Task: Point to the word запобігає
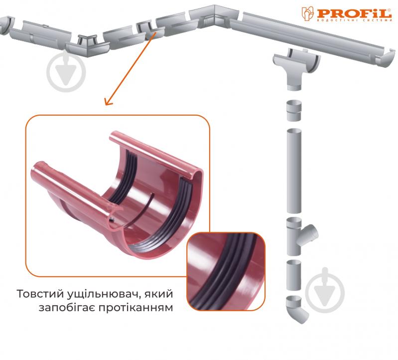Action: [67, 308]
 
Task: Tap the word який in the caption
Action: [158, 294]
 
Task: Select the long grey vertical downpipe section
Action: [294, 171]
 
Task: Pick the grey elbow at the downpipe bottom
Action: [296, 309]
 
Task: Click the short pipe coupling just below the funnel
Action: [294, 111]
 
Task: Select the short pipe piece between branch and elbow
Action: [294, 275]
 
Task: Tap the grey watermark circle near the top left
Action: [66, 72]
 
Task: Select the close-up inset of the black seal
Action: [226, 271]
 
